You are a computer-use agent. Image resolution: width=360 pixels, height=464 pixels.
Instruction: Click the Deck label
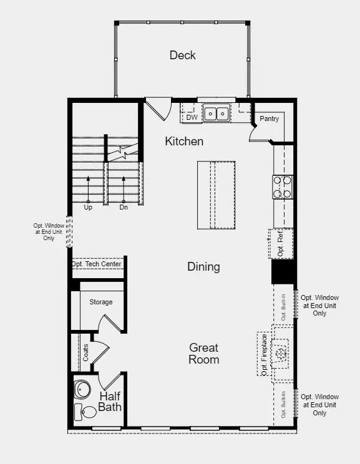(182, 56)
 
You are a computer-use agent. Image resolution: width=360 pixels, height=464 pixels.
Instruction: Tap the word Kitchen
(184, 142)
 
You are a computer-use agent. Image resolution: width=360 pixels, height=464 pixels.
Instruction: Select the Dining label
(203, 267)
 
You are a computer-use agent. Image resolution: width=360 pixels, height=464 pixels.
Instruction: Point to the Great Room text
(204, 354)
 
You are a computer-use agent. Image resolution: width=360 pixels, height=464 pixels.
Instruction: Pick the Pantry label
(270, 118)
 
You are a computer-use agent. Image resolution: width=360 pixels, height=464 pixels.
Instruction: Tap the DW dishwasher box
(192, 117)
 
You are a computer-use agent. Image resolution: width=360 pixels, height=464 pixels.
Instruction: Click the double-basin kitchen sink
(216, 114)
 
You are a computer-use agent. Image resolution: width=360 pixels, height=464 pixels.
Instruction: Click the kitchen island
(216, 195)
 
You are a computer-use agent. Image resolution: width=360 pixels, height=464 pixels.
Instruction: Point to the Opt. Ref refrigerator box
(281, 244)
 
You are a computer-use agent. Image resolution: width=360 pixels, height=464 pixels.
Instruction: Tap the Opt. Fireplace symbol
(280, 353)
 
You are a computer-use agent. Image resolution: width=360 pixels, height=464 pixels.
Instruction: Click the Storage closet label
(100, 302)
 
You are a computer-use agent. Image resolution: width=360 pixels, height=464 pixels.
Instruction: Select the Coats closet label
(86, 352)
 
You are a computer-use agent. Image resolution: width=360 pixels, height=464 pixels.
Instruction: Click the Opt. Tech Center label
(97, 264)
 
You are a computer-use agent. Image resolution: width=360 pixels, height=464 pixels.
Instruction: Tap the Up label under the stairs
(88, 207)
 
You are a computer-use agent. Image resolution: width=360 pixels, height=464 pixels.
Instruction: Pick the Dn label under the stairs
(124, 207)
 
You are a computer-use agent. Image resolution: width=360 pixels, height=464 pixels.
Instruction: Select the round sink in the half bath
(82, 390)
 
